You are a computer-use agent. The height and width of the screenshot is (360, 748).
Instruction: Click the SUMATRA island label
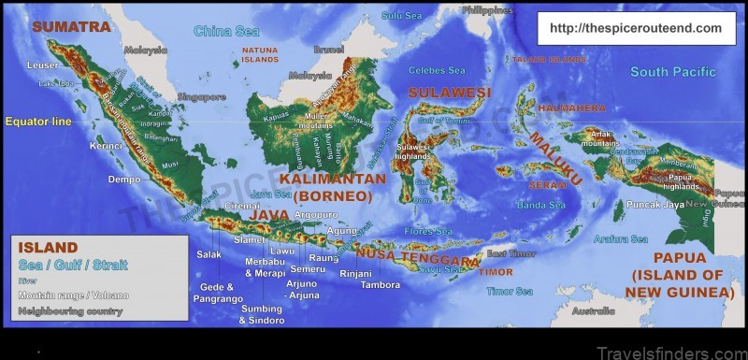point(71,27)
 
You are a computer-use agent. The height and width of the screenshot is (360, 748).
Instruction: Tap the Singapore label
point(203,96)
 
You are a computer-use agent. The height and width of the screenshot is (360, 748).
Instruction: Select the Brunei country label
point(329,49)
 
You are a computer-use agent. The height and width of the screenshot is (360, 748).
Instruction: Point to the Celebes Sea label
point(436,70)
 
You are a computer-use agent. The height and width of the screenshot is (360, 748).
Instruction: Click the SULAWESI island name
point(448,92)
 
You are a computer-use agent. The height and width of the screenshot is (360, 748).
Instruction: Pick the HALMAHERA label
point(571,108)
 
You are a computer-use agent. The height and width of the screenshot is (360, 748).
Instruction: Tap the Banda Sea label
point(541,205)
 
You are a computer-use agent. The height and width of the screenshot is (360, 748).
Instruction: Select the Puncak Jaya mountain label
point(631,204)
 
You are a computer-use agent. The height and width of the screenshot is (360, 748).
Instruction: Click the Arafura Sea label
point(620,238)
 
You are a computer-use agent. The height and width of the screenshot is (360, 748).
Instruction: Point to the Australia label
point(594,310)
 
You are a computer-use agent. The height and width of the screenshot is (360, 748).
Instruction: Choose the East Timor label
point(510,253)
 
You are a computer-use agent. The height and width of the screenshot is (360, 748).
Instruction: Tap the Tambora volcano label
point(381,284)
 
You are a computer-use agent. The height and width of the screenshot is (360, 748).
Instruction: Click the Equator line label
point(37,122)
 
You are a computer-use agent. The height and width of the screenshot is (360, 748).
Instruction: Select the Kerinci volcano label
point(106,146)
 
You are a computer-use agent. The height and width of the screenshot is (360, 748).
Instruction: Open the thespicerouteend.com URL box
point(635,28)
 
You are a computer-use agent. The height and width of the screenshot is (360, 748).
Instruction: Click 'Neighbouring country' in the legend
point(70,310)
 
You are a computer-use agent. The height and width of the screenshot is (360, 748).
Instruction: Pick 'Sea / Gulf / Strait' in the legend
point(73,265)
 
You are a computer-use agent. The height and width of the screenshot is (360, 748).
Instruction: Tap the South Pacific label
point(672,72)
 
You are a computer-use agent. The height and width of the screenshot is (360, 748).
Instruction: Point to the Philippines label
point(488,10)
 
